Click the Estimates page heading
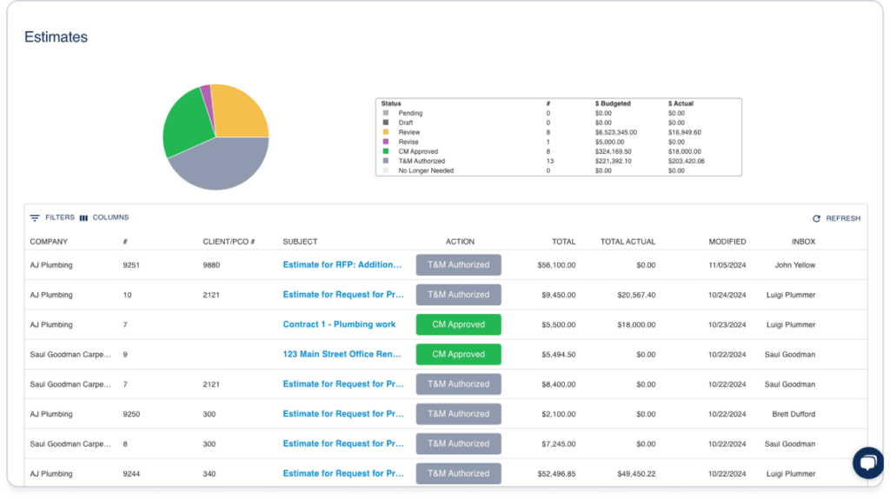56,37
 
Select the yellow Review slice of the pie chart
239,113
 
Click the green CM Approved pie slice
188,126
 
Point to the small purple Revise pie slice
206,92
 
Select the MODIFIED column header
727,242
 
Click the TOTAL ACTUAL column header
628,242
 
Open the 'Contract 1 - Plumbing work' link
339,324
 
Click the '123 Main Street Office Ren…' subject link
342,354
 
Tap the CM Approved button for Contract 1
458,324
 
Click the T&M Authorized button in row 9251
458,265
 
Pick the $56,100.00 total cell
556,265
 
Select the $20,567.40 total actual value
634,295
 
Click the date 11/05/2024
727,265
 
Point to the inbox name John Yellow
794,265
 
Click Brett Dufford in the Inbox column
794,414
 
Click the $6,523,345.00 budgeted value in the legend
615,132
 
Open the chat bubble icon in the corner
867,463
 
